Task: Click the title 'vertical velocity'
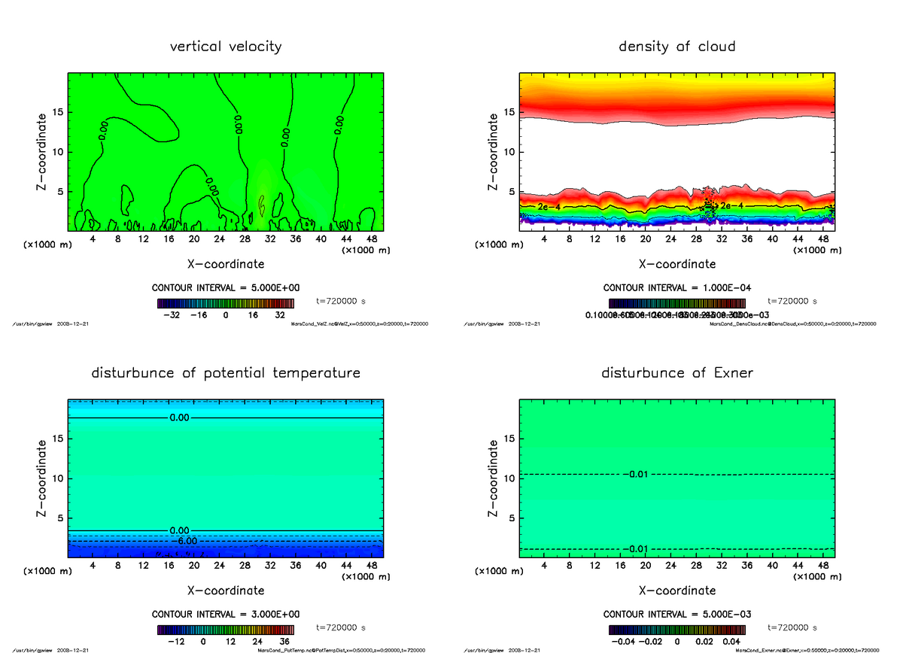tap(226, 47)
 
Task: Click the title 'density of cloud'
tap(676, 47)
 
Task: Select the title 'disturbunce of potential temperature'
tap(226, 373)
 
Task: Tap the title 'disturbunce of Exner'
tap(676, 373)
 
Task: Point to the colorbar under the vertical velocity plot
tap(226, 302)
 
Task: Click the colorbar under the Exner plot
tap(676, 629)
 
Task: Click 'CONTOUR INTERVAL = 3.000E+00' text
tap(226, 614)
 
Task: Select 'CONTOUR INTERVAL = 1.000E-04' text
tap(676, 287)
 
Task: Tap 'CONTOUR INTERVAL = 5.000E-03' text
tap(676, 614)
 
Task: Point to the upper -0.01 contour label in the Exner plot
tap(636, 474)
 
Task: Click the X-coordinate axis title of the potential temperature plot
tap(226, 591)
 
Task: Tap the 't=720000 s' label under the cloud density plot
tap(792, 301)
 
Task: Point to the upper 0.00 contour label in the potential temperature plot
tap(180, 417)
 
